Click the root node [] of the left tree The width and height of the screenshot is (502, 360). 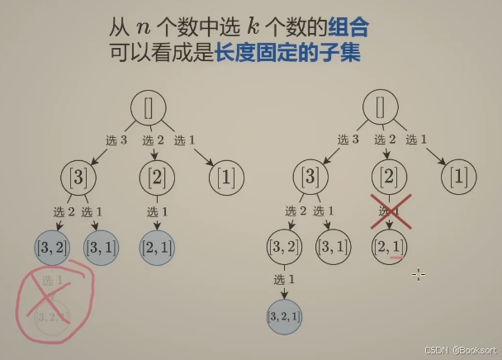pyautogui.click(x=149, y=107)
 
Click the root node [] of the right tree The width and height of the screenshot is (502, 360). pyautogui.click(x=381, y=107)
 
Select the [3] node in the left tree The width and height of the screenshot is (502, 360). pyautogui.click(x=79, y=177)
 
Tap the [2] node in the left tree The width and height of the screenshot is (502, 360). pyautogui.click(x=157, y=177)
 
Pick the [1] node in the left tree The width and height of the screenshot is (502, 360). pyautogui.click(x=225, y=177)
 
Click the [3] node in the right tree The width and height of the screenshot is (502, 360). pyautogui.click(x=310, y=177)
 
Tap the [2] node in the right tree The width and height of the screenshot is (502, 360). pyautogui.click(x=389, y=177)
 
